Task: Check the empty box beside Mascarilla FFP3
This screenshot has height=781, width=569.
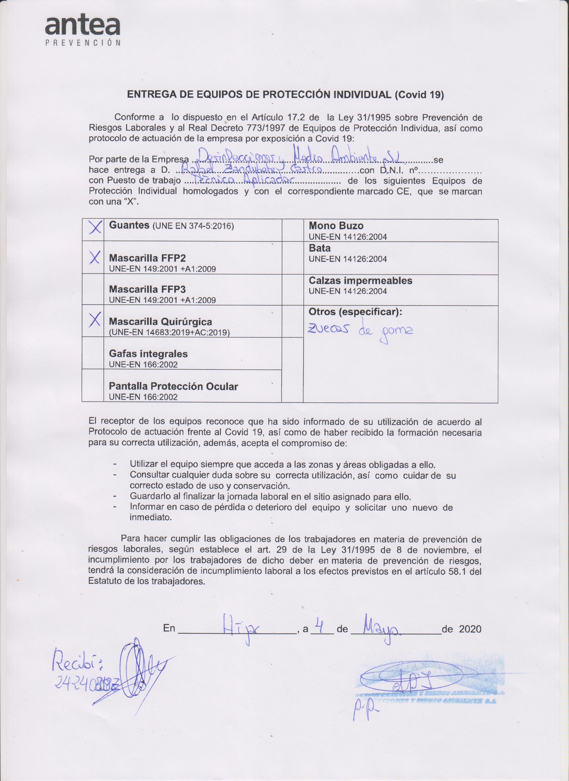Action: click(93, 289)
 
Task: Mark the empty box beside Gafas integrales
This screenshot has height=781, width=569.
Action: click(93, 353)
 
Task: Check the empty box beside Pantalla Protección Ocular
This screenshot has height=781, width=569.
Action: click(93, 385)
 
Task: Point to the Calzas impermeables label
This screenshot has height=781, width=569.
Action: click(360, 280)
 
